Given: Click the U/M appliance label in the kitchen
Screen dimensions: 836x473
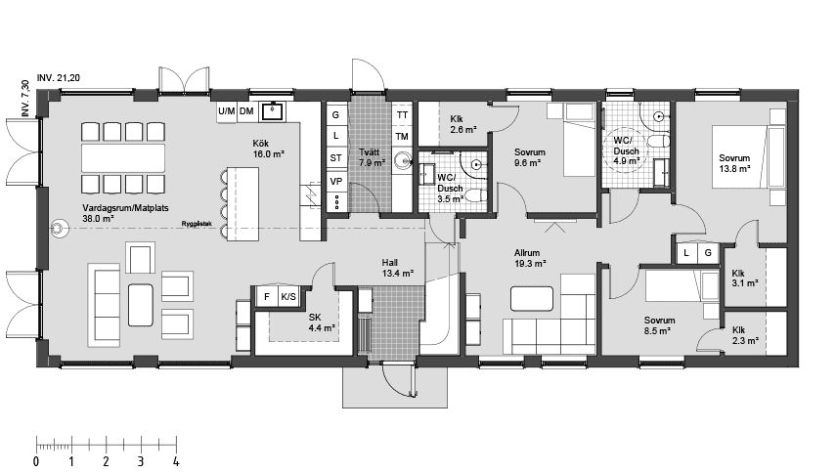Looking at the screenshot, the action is click(x=227, y=111).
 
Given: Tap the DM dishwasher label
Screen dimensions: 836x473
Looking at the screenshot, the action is click(x=246, y=111).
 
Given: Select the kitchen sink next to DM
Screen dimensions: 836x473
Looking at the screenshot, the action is click(x=273, y=111).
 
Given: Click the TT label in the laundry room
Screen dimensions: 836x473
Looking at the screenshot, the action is click(x=402, y=115).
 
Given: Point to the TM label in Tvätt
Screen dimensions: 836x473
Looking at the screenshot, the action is click(x=402, y=137).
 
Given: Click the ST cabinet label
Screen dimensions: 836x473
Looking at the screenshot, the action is click(x=336, y=157).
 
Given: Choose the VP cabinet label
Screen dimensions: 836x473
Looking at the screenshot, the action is click(x=336, y=181).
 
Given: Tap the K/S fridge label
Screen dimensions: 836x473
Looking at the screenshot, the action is click(x=288, y=297).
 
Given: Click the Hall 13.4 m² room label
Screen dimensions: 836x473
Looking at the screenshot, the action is click(x=398, y=268).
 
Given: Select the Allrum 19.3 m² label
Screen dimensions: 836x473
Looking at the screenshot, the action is click(x=530, y=258).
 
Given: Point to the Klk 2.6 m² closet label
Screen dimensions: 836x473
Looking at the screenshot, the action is click(x=463, y=124).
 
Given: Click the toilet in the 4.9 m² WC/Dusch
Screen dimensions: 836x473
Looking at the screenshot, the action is click(x=660, y=142).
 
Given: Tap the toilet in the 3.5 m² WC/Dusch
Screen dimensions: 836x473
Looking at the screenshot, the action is click(x=477, y=195).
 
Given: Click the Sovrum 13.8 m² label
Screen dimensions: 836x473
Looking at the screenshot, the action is click(x=734, y=163).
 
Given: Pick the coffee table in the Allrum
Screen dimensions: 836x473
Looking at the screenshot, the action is click(x=532, y=299).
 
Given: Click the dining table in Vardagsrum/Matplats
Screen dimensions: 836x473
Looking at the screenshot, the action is click(x=123, y=158).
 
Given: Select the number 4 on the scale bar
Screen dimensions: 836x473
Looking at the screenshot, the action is click(x=176, y=461).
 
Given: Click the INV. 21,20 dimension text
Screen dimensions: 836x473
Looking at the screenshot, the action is click(x=59, y=78).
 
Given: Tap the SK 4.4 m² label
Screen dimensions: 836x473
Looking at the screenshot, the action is click(x=322, y=322).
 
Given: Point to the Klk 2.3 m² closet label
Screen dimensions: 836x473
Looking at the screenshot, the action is click(x=745, y=335).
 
